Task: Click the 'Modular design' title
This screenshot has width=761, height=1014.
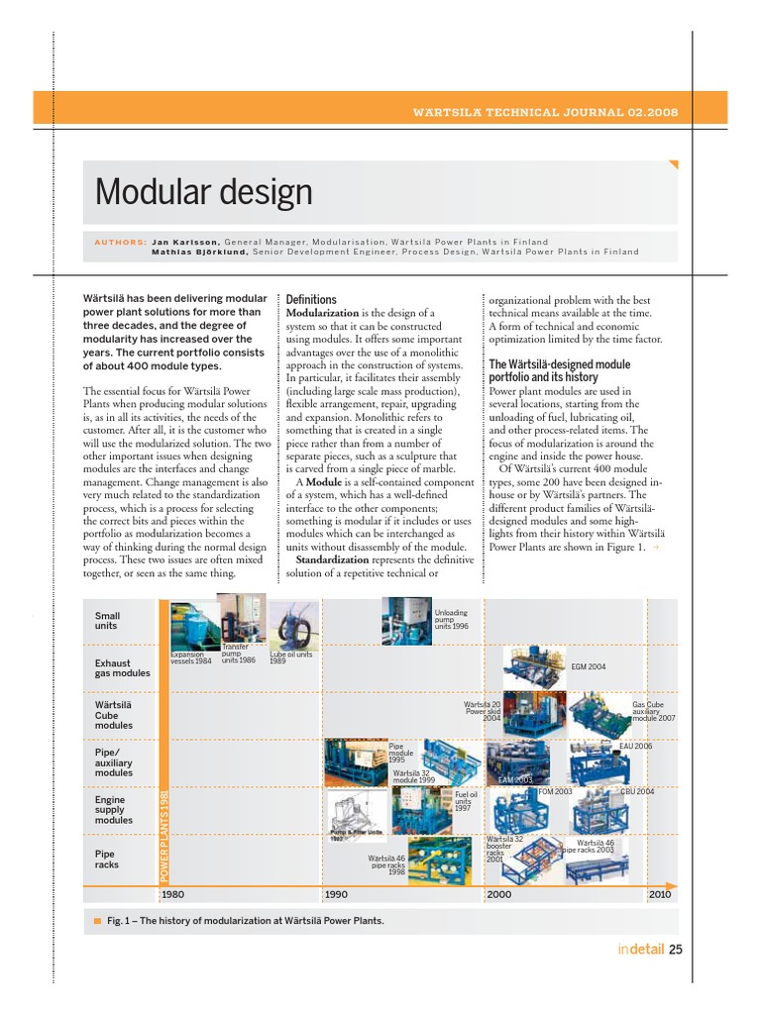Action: (x=203, y=191)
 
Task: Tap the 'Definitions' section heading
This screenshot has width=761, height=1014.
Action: (x=310, y=299)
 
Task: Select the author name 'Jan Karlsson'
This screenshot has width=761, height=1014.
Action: (x=184, y=242)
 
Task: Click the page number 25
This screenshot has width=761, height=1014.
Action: (x=676, y=950)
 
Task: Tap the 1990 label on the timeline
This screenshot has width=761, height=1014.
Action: (x=337, y=894)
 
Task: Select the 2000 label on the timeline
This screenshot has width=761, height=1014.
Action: (x=499, y=894)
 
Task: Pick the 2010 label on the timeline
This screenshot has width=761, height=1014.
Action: (x=661, y=894)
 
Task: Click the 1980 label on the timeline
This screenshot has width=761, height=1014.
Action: (x=173, y=894)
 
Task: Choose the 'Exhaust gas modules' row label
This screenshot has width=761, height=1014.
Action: (x=122, y=667)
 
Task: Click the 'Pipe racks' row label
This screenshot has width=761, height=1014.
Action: (x=107, y=859)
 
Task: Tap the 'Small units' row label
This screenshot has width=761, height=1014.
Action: (x=107, y=621)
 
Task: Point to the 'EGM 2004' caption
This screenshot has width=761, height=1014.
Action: (x=589, y=667)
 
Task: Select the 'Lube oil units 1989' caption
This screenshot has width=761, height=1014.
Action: (x=291, y=658)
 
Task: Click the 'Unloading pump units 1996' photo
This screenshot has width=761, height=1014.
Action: (x=405, y=620)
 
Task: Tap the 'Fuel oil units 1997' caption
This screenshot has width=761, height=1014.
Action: (x=466, y=801)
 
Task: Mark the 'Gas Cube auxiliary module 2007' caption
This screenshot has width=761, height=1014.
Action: (x=653, y=711)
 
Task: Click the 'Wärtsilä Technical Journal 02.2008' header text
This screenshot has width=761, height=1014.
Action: (x=545, y=113)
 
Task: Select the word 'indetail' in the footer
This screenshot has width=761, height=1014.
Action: (x=640, y=950)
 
